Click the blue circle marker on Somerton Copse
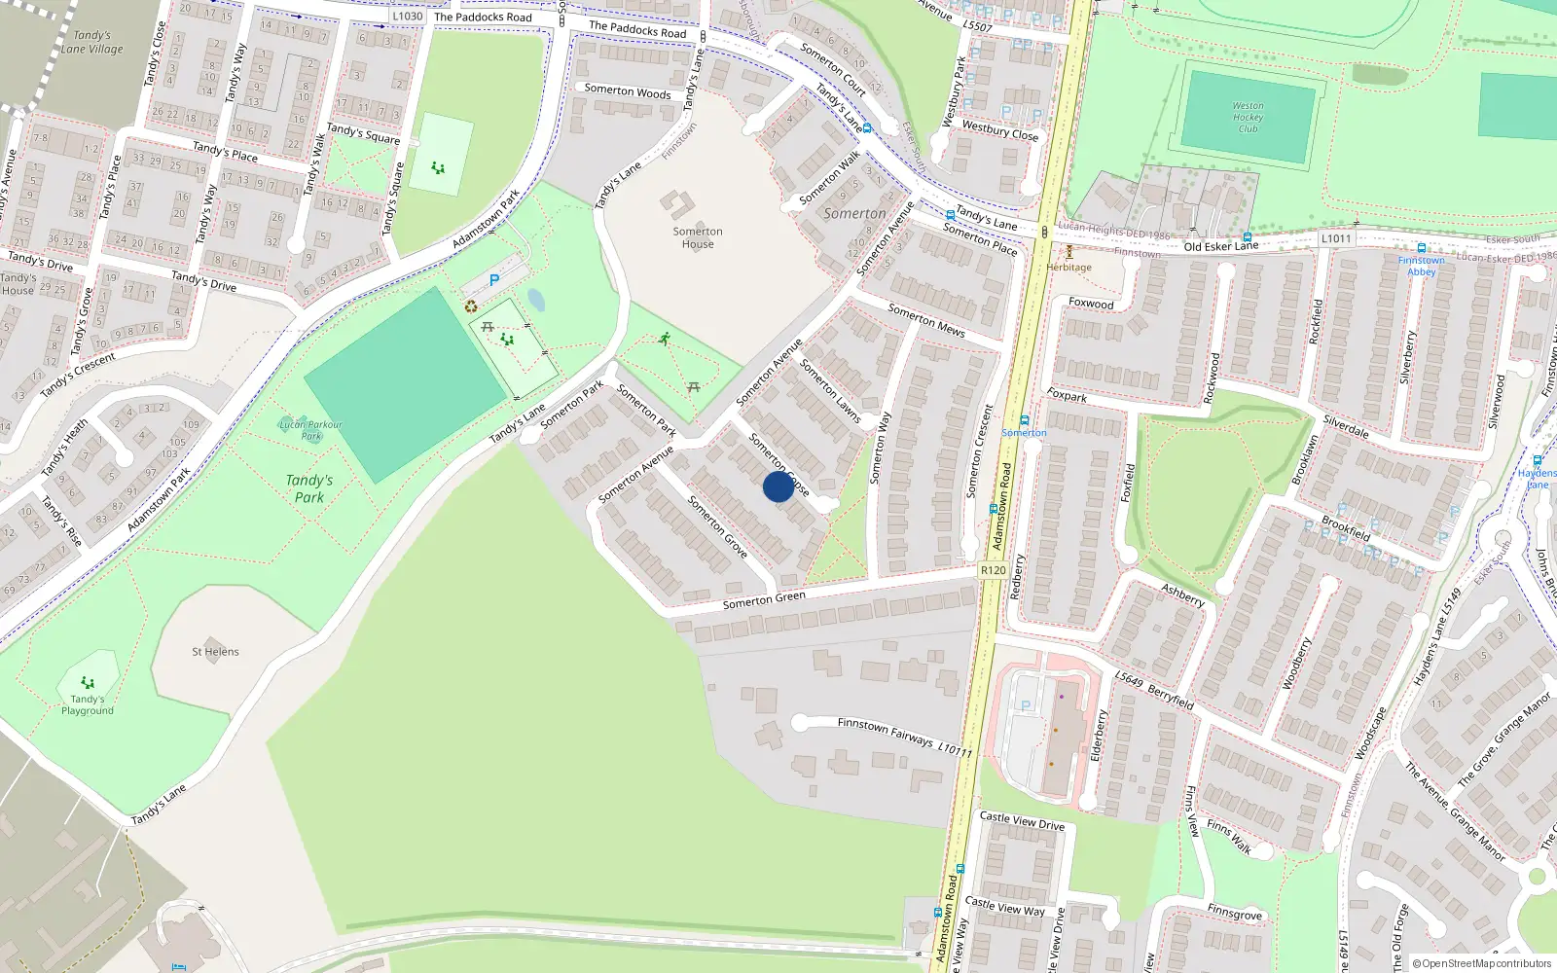(x=778, y=486)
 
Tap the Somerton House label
(x=698, y=237)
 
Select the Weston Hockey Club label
(x=1248, y=117)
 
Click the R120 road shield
(x=993, y=570)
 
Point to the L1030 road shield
(x=408, y=16)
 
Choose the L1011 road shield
(x=1336, y=238)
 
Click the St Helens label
(x=215, y=652)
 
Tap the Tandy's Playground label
(x=88, y=704)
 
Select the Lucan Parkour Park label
(x=310, y=430)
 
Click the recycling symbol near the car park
(x=471, y=306)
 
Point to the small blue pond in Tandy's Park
(x=535, y=300)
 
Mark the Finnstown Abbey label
(x=1421, y=266)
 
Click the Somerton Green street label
(x=764, y=599)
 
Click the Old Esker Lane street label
(x=1220, y=246)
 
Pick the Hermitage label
(x=1068, y=268)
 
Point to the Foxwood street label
(x=1091, y=304)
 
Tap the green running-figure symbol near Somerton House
(x=665, y=339)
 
